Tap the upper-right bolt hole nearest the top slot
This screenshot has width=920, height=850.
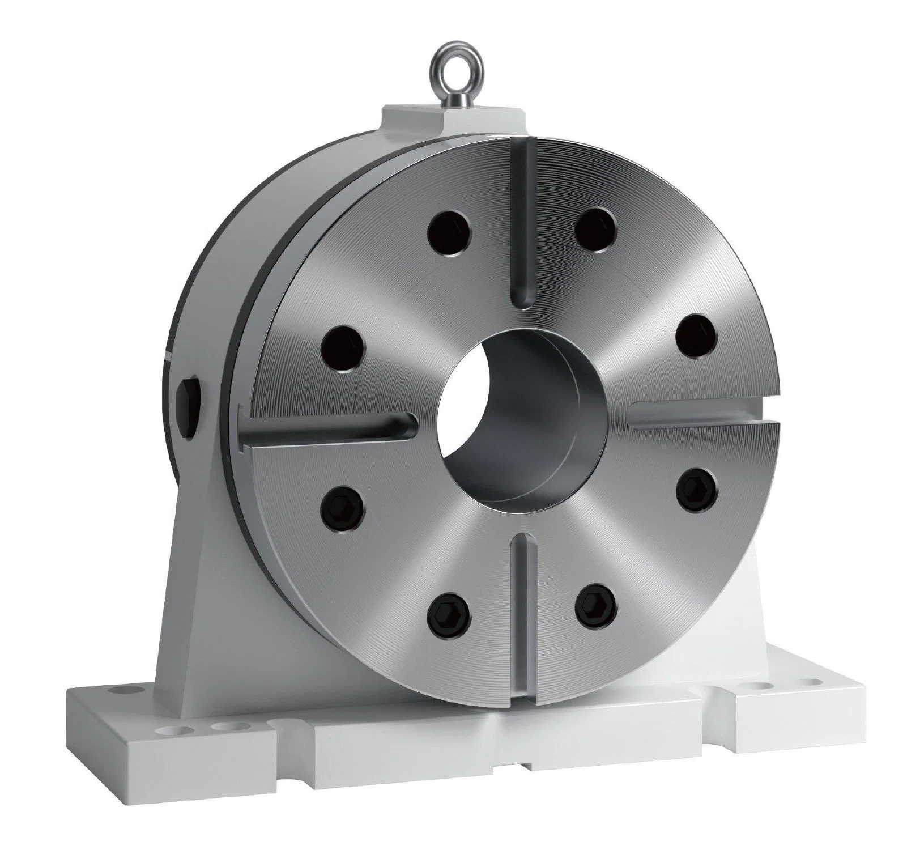595,224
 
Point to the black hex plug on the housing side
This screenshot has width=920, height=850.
188,406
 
